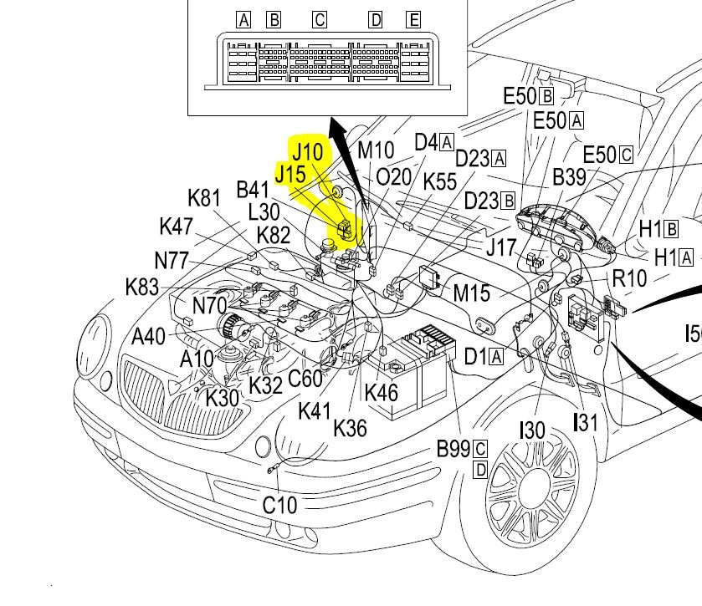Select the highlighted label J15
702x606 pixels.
290,174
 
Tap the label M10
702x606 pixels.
376,151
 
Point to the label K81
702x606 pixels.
203,198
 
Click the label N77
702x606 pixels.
172,259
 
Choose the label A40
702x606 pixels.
149,336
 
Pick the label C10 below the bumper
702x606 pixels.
279,505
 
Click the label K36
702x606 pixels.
350,427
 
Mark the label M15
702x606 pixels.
471,293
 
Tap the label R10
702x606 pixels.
629,278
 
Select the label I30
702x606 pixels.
532,430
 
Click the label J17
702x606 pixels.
501,247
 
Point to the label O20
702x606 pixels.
394,177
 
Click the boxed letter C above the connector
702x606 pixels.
319,19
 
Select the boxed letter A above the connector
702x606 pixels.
243,19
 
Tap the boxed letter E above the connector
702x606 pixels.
412,19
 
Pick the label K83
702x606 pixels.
142,287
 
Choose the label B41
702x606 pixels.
254,190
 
